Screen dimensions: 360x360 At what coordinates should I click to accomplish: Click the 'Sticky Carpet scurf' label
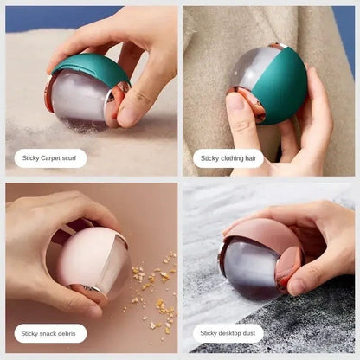click(50, 158)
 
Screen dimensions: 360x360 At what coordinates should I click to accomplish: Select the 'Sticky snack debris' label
click(50, 332)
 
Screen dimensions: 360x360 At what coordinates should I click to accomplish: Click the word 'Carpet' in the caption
click(50, 158)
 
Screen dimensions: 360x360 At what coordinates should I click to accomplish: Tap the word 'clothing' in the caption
click(233, 158)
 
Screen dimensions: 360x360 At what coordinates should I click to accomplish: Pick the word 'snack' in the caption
click(51, 332)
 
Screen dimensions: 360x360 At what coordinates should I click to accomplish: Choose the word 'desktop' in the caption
click(232, 332)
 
